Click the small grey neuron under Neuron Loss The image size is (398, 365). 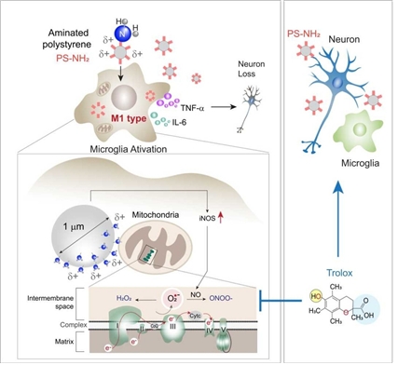click(253, 99)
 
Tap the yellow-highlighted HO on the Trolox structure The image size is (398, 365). click(310, 298)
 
